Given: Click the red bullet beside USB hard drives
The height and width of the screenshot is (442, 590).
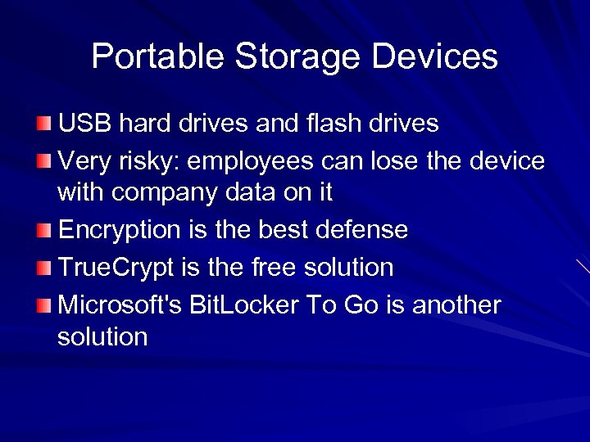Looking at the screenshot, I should tap(43, 124).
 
